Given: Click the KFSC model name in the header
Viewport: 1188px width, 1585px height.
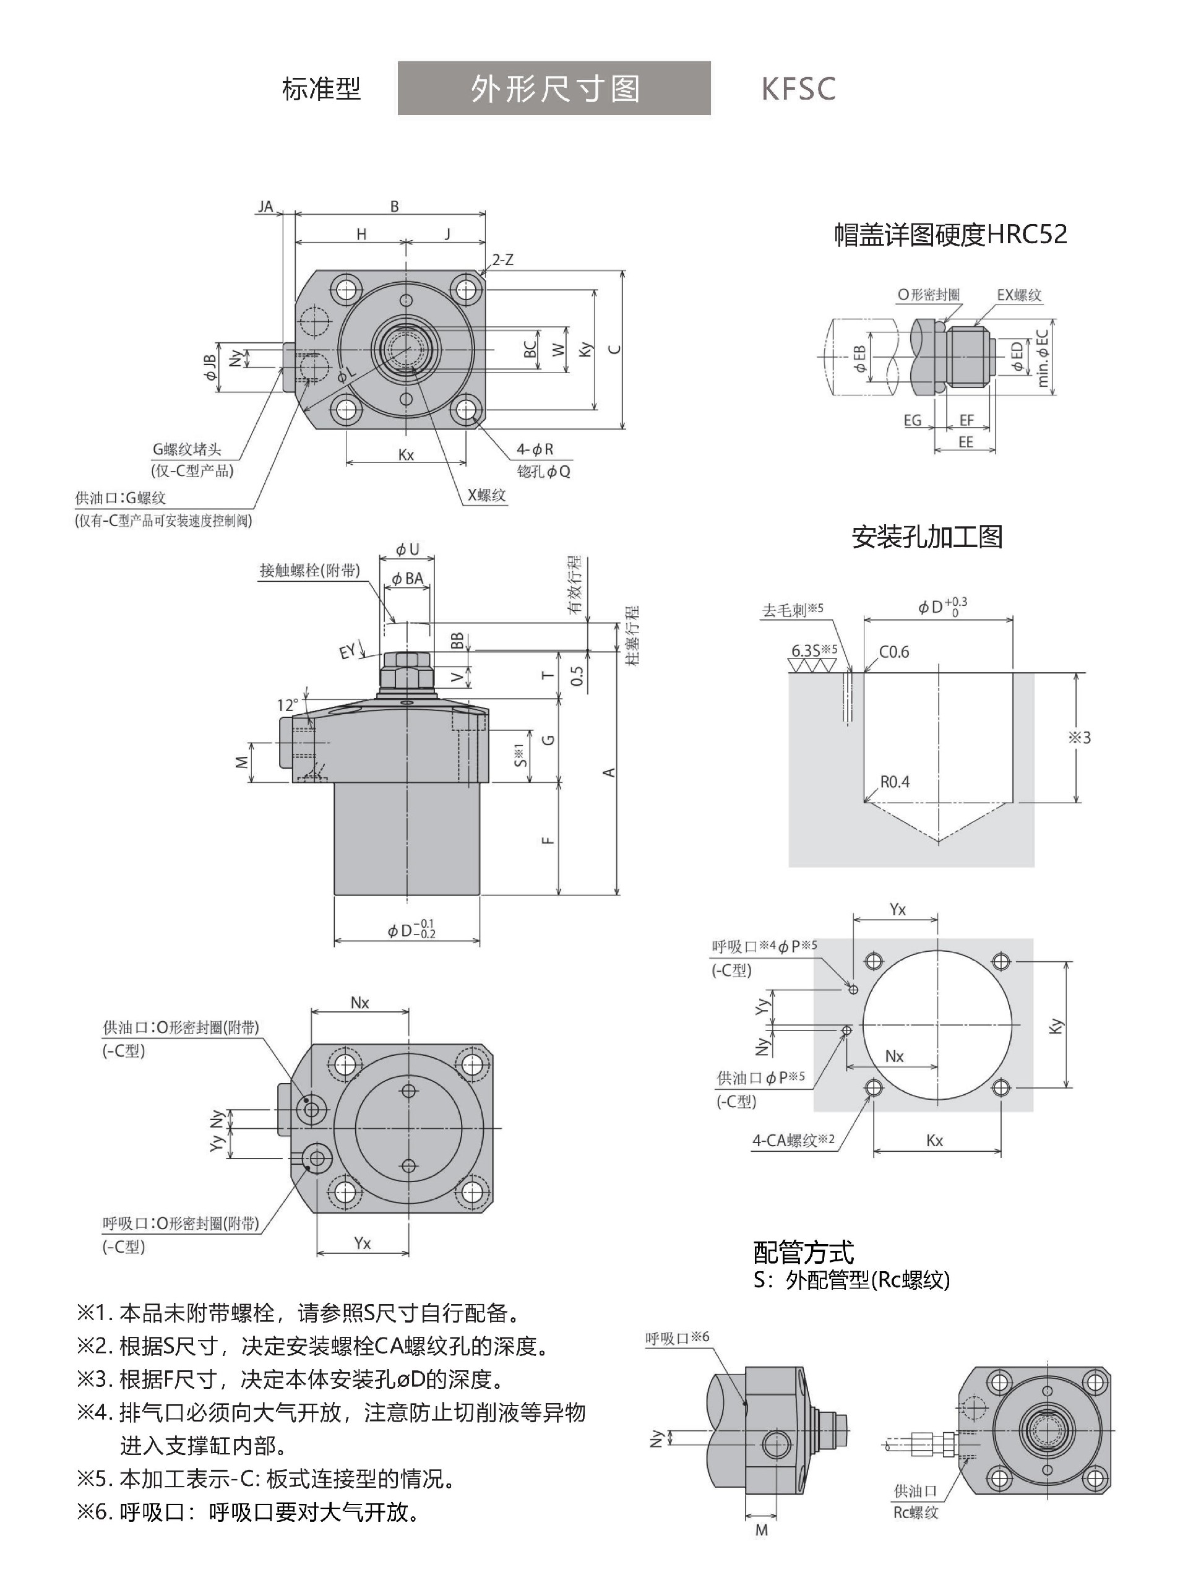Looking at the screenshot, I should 798,89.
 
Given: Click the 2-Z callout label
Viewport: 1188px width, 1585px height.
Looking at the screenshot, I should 503,260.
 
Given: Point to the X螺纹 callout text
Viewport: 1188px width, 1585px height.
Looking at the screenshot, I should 486,495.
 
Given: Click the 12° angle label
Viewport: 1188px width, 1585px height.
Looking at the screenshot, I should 287,705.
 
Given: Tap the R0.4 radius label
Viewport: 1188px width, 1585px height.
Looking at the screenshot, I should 894,782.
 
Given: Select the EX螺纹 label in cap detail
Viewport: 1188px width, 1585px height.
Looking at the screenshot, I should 1019,295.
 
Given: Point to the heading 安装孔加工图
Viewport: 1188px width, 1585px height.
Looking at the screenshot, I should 926,537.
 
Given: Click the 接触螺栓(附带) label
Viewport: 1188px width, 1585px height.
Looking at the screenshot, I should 309,571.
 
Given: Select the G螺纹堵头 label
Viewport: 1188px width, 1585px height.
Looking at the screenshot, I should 186,449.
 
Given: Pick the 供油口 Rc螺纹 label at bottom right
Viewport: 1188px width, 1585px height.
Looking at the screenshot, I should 915,1502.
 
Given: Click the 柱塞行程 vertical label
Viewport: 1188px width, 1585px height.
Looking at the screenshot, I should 632,636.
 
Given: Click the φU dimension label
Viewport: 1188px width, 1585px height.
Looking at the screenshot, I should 407,550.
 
